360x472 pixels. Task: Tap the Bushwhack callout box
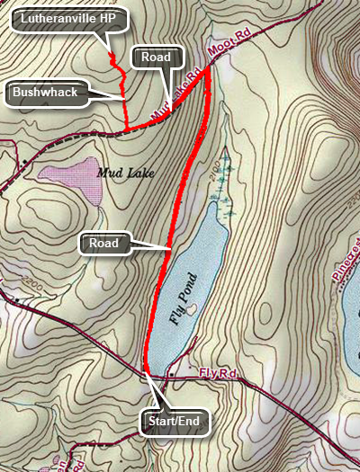(x=47, y=92)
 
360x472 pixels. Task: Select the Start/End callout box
(x=176, y=420)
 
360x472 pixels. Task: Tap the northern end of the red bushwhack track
(x=111, y=57)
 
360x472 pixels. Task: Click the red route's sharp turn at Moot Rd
(x=209, y=70)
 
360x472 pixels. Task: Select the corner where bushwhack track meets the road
(x=125, y=128)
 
